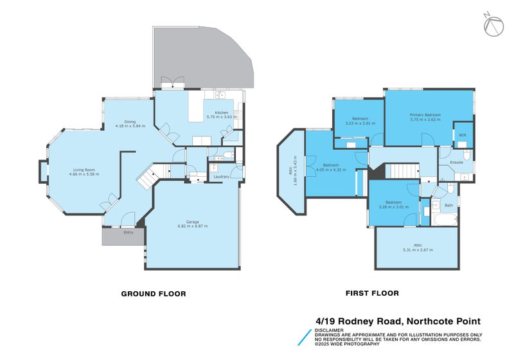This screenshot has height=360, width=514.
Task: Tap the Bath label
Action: [x=448, y=205]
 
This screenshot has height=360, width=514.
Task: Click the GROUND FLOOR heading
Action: [x=154, y=294]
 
